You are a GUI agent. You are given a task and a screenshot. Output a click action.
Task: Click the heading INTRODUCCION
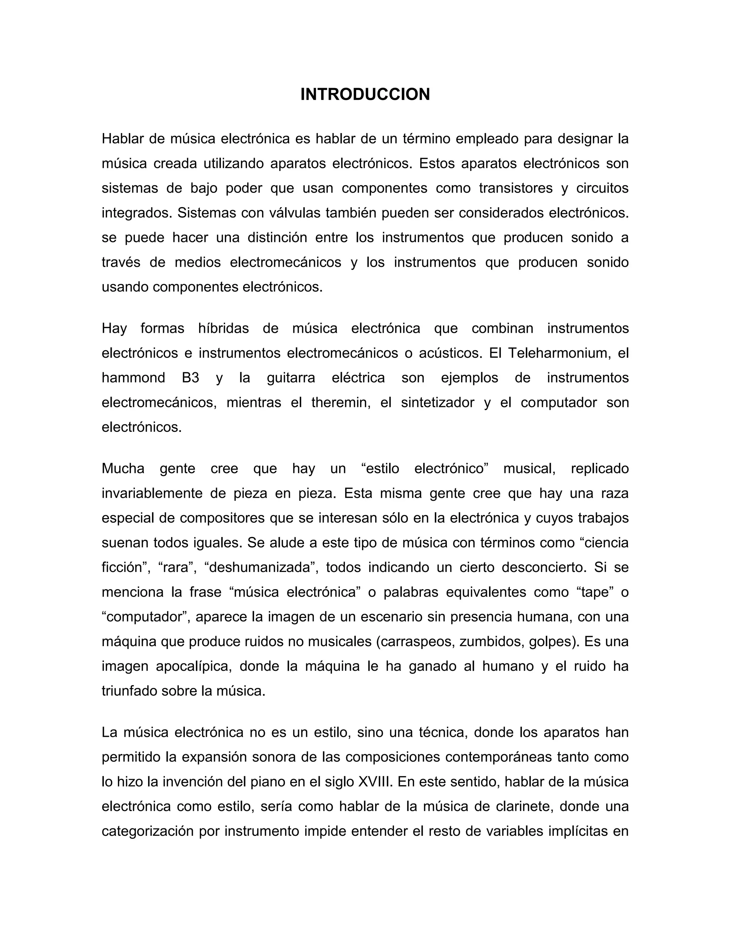tap(365, 94)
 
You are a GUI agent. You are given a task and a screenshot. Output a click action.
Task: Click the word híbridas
tap(223, 328)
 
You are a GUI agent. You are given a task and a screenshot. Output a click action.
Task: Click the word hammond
tap(133, 378)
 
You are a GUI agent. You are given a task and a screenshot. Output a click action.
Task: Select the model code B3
tap(191, 378)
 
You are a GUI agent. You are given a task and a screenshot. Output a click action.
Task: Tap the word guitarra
tap(291, 378)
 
